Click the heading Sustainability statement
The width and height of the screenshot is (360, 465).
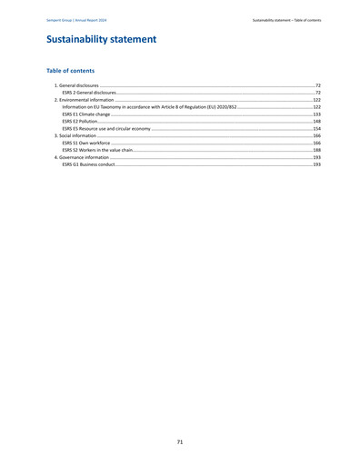[x=101, y=40]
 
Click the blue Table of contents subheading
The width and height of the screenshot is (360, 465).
[x=70, y=71]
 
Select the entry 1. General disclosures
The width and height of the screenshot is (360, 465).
[x=78, y=85]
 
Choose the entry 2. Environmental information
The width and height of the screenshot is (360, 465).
[x=85, y=100]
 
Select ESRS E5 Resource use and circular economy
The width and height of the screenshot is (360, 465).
[x=105, y=129]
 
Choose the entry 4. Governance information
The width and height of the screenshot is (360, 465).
[x=83, y=158]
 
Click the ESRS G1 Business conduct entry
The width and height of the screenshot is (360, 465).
[x=88, y=165]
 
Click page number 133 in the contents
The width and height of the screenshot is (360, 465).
[x=316, y=114]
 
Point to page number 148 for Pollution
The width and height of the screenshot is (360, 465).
[x=316, y=122]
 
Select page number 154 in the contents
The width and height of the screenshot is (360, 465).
[x=316, y=129]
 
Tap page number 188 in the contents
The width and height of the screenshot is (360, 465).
[x=316, y=151]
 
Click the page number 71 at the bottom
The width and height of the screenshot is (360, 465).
[x=180, y=441]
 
